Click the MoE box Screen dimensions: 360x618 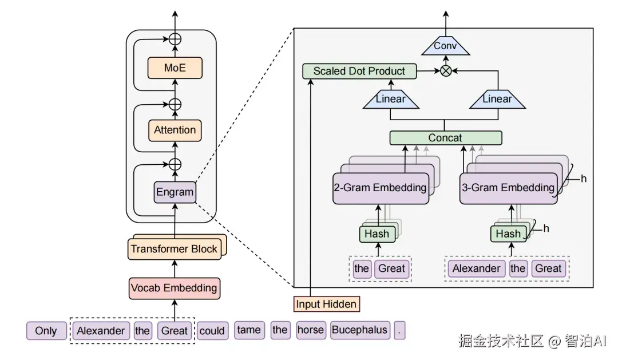pos(175,68)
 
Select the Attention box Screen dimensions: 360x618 pos(175,130)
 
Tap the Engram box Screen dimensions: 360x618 pos(175,192)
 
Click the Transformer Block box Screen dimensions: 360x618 pos(174,249)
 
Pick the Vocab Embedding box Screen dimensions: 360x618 pos(174,287)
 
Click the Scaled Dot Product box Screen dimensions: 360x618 pos(359,72)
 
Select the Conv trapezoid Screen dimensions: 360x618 pos(445,46)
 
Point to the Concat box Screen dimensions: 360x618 pos(445,138)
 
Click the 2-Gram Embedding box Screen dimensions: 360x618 pos(380,188)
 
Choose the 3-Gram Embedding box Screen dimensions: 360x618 pos(508,188)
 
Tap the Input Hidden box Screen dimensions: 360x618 pos(326,304)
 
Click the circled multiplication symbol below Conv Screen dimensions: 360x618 pos(445,71)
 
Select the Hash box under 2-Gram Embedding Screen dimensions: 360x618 pos(377,234)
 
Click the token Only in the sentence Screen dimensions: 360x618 pos(46,331)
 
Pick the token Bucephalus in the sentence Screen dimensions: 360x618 pos(360,330)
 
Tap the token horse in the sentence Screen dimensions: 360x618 pos(311,330)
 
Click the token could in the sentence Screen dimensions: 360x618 pos(212,331)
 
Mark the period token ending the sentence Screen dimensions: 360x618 pos(400,330)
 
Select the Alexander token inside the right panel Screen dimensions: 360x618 pos(476,268)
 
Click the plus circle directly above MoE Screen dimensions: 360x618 pos(175,39)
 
